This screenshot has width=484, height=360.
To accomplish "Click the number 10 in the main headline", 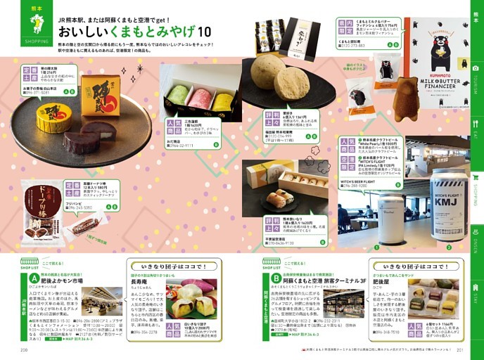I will coord(204,32).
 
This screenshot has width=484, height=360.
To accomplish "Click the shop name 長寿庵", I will coord(139,282).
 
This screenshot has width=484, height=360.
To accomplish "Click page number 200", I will coord(24,350).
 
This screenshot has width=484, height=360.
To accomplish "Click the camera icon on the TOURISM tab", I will coord(476,67).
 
